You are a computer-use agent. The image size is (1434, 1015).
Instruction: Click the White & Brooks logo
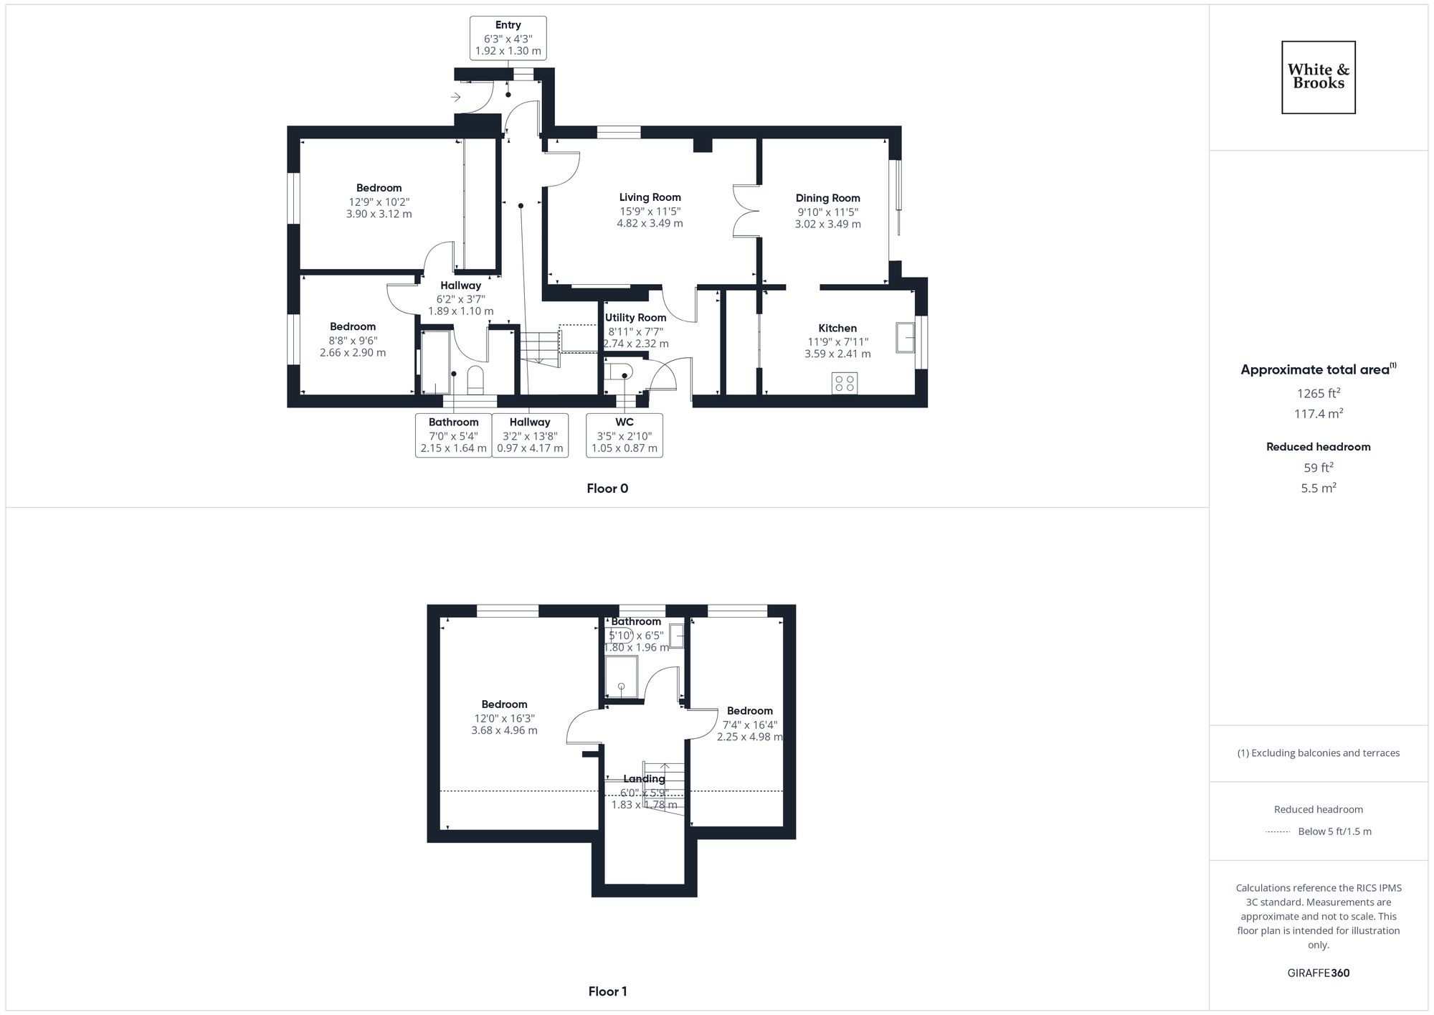(1318, 77)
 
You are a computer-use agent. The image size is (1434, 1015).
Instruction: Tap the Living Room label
(650, 197)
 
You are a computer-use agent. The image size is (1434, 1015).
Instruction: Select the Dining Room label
(827, 198)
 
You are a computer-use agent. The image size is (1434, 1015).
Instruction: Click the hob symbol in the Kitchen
(845, 383)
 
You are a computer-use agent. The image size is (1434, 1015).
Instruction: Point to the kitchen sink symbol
(905, 338)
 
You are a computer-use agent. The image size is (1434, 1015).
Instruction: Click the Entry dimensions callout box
(508, 38)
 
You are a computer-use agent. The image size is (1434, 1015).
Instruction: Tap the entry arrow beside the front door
(455, 97)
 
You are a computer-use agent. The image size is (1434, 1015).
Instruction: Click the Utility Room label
(635, 318)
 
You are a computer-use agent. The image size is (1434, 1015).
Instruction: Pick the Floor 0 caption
(607, 488)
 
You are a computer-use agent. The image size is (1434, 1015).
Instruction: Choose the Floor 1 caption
(607, 991)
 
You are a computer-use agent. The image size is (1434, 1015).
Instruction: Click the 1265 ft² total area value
(1318, 393)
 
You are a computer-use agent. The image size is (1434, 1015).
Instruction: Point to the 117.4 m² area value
(1318, 413)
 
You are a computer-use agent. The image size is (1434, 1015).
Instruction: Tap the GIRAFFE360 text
(1318, 973)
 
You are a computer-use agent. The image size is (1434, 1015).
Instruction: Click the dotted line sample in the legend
(1278, 832)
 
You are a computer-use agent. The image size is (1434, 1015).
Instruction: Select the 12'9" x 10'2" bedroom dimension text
(379, 202)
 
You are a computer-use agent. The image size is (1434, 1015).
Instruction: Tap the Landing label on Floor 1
(644, 779)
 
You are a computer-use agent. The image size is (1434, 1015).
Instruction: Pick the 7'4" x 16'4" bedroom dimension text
(749, 724)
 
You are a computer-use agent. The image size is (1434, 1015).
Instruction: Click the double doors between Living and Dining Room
(746, 211)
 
